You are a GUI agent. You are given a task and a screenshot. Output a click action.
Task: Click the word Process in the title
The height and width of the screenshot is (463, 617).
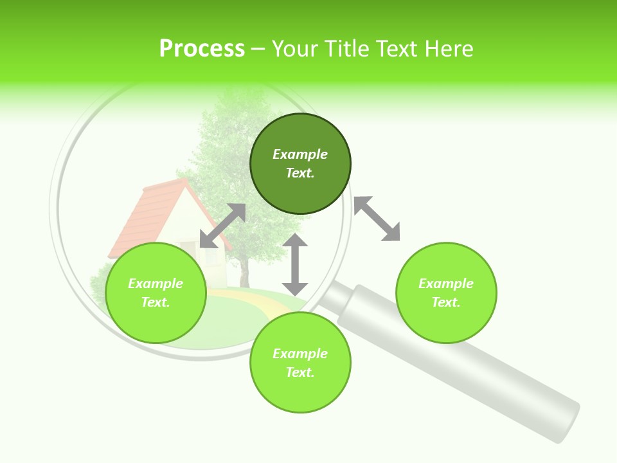(x=202, y=49)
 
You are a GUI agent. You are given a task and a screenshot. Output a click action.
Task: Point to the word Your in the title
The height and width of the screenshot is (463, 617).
(x=296, y=49)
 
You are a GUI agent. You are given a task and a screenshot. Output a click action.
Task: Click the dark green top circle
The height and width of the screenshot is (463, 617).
(x=300, y=193)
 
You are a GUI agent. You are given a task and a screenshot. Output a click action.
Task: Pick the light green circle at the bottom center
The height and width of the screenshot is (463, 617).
(x=300, y=392)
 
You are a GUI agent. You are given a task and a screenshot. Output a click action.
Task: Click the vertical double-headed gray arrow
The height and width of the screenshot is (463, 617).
(x=295, y=264)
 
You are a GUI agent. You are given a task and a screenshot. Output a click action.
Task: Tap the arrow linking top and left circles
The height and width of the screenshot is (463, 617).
(x=222, y=226)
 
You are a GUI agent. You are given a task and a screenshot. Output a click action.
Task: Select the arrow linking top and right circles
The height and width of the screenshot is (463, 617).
(x=377, y=219)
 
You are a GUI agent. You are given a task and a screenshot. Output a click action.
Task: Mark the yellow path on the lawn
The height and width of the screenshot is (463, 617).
(x=257, y=300)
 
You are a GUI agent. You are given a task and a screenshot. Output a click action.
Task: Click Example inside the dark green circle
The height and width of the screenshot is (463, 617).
(x=300, y=154)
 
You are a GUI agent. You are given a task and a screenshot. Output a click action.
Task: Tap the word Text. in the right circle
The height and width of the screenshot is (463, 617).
(x=445, y=302)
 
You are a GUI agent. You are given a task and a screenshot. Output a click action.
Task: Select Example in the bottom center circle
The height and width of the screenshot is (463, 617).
(x=300, y=354)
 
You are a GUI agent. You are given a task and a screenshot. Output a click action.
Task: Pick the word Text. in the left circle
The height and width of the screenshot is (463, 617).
(x=156, y=302)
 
